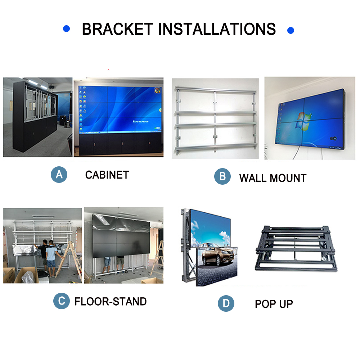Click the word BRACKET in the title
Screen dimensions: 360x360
117,29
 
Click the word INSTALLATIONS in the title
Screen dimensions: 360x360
217,29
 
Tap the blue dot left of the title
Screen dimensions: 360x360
66,28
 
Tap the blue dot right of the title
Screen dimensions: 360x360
291,30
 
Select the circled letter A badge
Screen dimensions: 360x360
59,175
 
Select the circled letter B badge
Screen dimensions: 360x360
222,176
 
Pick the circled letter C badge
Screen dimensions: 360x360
62,301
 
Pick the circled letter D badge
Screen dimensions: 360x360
226,303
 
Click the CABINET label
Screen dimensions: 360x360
107,175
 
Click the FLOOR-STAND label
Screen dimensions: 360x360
111,301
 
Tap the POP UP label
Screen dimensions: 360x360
274,304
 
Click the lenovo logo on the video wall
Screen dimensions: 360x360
140,121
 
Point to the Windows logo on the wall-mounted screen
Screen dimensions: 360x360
303,121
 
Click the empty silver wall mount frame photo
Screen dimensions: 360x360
215,118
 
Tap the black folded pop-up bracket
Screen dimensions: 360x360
296,248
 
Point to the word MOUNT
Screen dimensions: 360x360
288,178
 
